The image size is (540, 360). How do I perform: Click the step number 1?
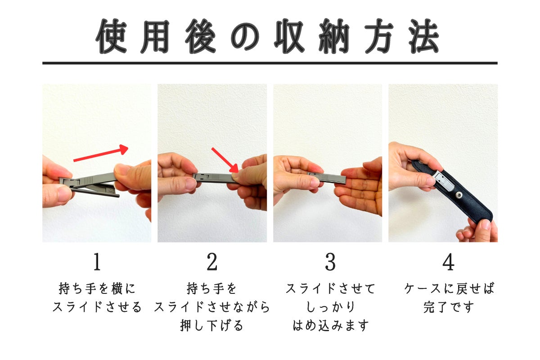[x=97, y=262]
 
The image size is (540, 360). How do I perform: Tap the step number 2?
[x=212, y=262]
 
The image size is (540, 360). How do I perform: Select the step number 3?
[x=330, y=262]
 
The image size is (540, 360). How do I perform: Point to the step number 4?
[x=448, y=262]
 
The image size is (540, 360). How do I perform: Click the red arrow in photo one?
[x=101, y=153]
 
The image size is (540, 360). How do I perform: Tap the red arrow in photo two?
[x=225, y=160]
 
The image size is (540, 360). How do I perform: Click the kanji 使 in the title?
[x=112, y=36]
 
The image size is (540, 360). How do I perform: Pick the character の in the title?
[x=245, y=36]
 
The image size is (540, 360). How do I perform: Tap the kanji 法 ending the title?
[x=423, y=36]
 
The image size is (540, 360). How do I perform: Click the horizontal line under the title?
[x=270, y=63]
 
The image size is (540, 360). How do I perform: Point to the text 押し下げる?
[x=212, y=325]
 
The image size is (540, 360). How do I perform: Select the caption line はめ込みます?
[x=330, y=325]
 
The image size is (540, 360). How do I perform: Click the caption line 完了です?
[x=449, y=307]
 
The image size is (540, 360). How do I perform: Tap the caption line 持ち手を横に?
[x=97, y=288]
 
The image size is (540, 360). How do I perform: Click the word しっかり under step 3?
[x=330, y=307]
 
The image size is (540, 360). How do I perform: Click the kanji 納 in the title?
[x=334, y=36]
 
